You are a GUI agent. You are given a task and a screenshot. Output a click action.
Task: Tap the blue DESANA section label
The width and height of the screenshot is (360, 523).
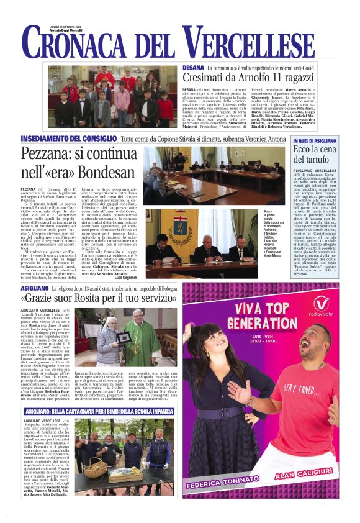[x=193, y=66]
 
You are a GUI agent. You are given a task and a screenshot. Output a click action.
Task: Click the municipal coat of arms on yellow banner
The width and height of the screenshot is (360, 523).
[x=164, y=225]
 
